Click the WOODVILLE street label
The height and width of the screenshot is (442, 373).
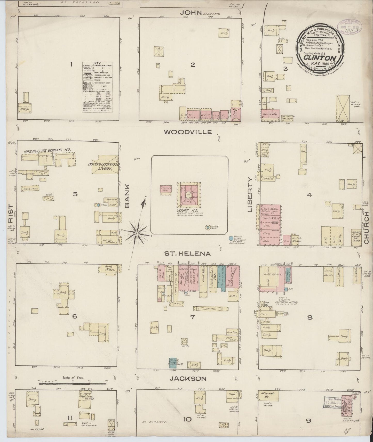point(188,132)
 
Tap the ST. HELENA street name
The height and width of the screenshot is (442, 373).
point(188,254)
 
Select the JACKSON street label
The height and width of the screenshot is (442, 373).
point(188,379)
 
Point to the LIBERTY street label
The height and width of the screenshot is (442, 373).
point(250,194)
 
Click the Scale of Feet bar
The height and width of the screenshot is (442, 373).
point(73,384)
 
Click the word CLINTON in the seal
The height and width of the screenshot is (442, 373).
point(320,58)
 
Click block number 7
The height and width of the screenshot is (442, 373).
point(192,317)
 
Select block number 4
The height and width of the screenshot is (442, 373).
point(309,195)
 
